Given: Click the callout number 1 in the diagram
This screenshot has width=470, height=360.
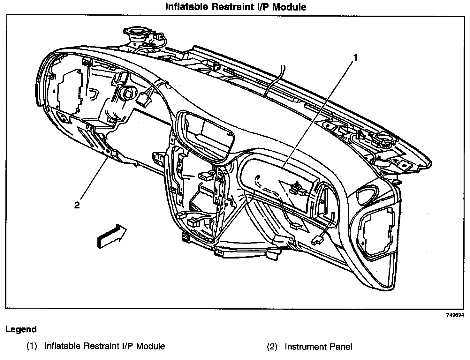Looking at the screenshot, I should pos(355,58).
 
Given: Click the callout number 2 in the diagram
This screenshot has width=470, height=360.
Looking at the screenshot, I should pos(77,205).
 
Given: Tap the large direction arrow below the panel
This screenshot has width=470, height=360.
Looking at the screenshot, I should pos(111,236).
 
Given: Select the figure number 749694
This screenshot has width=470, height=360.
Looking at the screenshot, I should pos(455,315).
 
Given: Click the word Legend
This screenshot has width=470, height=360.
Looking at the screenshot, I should pos(21,329).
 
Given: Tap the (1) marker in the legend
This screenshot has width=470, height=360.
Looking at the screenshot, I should pos(32,346).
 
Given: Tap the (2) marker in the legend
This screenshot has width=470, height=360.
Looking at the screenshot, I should pos(272,347).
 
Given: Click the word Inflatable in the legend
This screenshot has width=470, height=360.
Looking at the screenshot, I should pos(63,346).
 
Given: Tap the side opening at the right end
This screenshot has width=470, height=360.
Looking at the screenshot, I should pos(378,232).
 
